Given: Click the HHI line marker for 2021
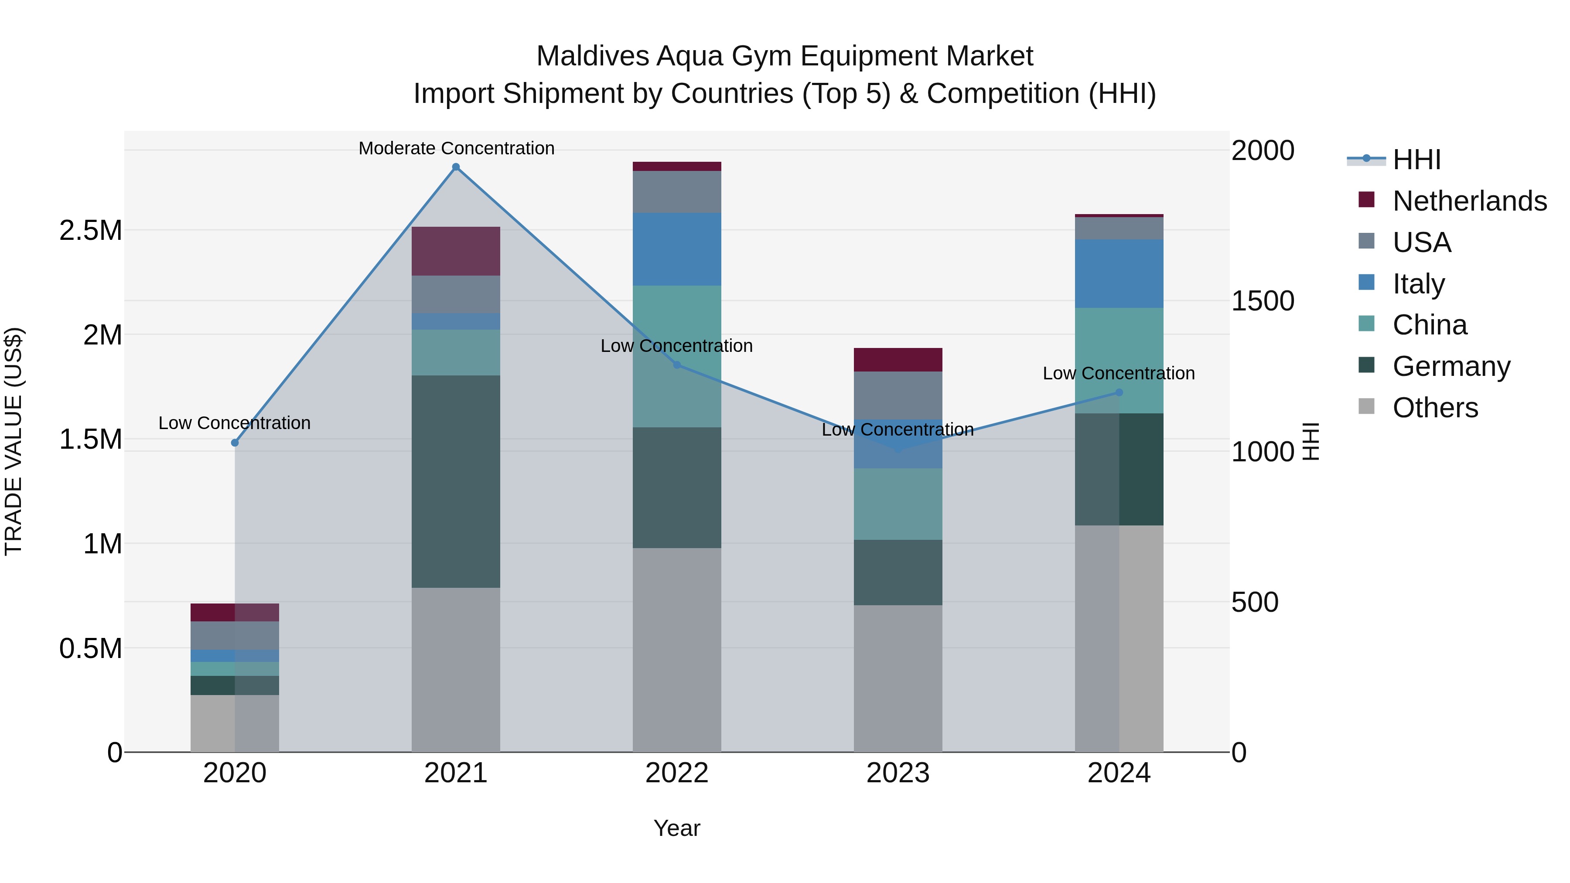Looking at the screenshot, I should coord(455,167).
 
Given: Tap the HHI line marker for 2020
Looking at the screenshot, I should coord(235,443).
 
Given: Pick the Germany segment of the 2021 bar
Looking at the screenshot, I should coord(455,481).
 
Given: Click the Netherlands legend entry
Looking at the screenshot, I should coord(1469,201).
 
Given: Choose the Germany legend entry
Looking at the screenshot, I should coord(1451,366).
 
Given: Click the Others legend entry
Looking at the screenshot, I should coord(1435,408).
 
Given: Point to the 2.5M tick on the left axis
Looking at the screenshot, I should coord(90,230).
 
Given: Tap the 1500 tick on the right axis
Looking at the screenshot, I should coord(1262,300).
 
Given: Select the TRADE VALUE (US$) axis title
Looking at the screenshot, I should coord(14,441).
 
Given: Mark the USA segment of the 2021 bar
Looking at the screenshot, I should coord(455,294).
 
